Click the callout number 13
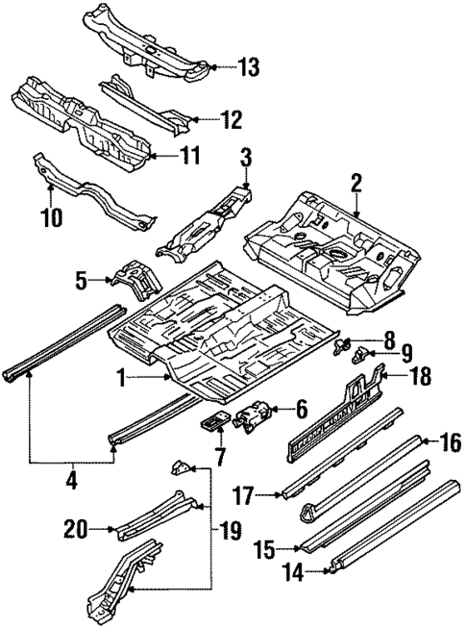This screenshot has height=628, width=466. pyautogui.click(x=249, y=67)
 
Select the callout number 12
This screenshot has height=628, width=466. pyautogui.click(x=232, y=120)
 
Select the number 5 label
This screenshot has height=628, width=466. pyautogui.click(x=82, y=281)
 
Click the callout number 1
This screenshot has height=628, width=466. pyautogui.click(x=122, y=380)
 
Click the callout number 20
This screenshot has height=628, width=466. pyautogui.click(x=74, y=528)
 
